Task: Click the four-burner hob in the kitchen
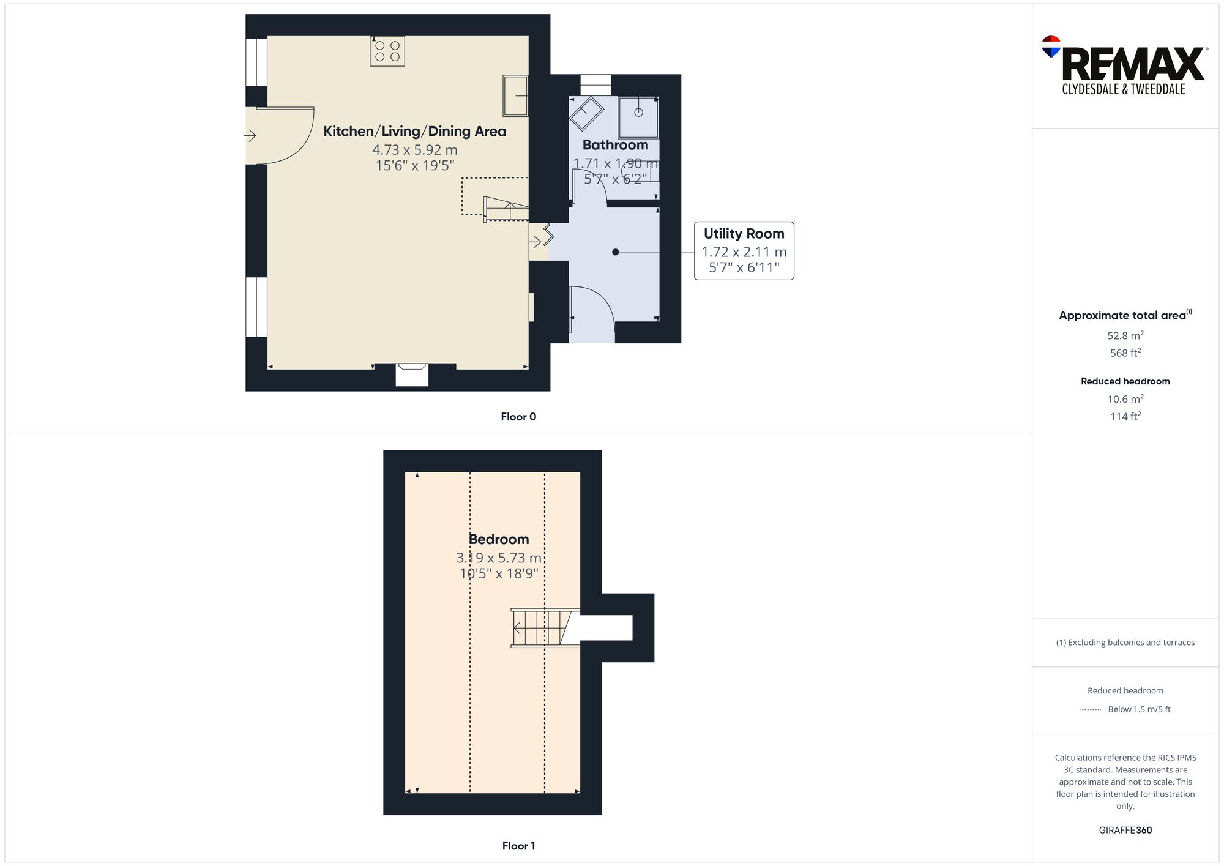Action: point(387,51)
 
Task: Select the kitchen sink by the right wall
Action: point(515,95)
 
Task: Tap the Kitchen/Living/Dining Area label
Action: point(414,131)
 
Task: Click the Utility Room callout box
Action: point(744,251)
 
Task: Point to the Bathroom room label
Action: point(615,145)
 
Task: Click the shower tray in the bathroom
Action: point(638,117)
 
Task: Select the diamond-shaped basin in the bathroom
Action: point(586,113)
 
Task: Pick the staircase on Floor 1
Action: point(542,628)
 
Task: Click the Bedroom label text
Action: point(499,539)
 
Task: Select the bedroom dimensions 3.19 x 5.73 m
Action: point(499,558)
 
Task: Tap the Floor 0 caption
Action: point(518,417)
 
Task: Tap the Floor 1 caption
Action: point(518,846)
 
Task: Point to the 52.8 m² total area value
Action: point(1125,335)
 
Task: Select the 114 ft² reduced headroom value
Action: point(1125,416)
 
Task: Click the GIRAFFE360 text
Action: point(1125,830)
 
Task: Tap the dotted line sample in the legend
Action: point(1091,710)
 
